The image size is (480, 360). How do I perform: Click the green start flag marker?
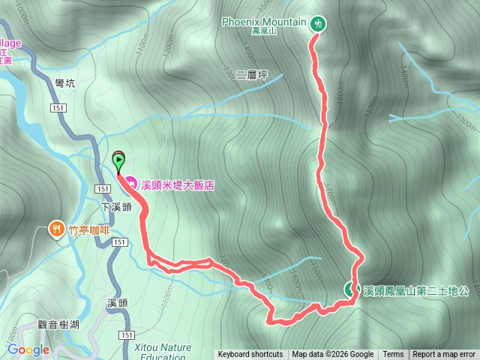coord(118,159)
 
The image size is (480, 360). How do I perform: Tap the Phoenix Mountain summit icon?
coord(319,23)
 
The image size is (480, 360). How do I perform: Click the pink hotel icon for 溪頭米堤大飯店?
coord(130,182)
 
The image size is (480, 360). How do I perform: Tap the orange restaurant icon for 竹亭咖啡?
coord(55,229)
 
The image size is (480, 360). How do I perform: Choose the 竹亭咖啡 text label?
coord(89,229)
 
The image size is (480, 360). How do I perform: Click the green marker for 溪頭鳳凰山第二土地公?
coord(350,289)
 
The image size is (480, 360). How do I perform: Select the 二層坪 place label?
coord(251,76)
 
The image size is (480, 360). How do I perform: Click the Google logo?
coord(28,349)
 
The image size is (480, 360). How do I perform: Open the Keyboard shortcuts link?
coord(250,355)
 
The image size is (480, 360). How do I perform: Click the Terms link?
coord(393,355)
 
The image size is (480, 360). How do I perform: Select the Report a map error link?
coord(444,355)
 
